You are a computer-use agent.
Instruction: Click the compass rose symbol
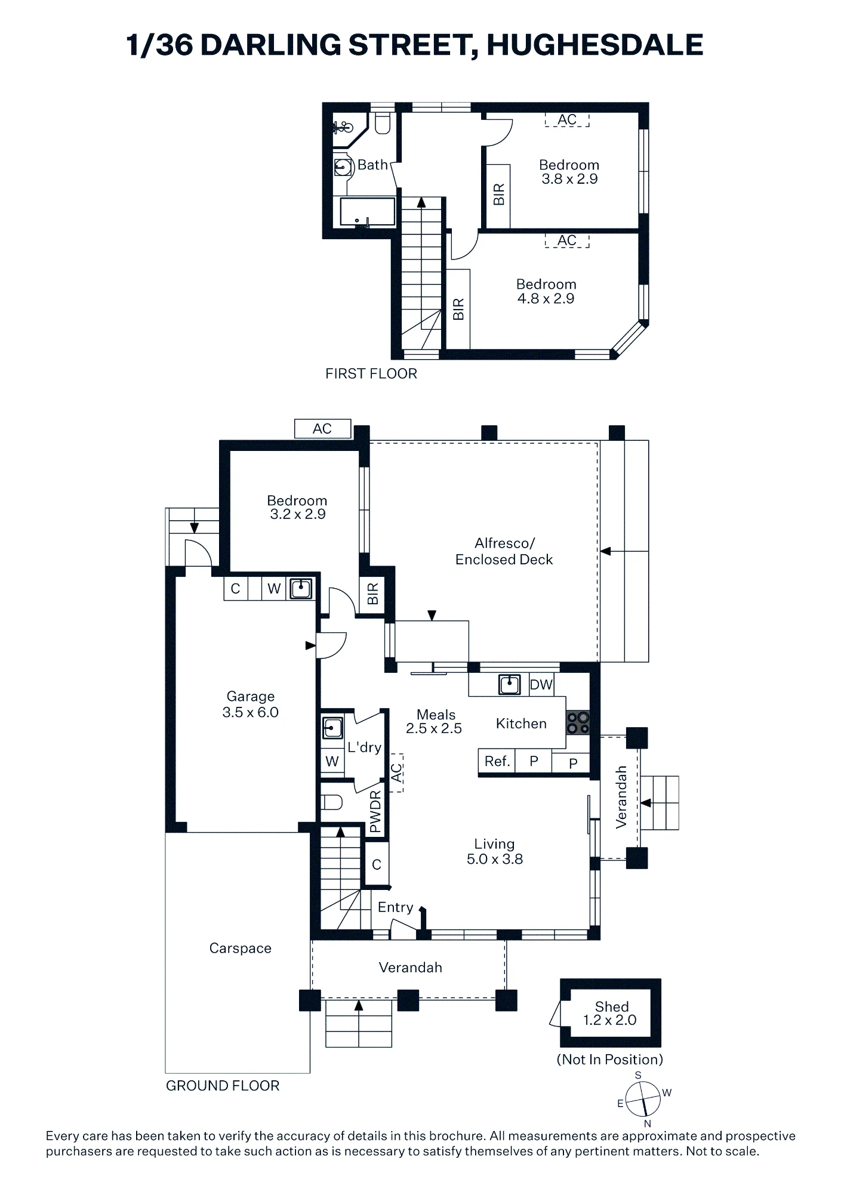(643, 1099)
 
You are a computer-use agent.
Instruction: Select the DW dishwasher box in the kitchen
(541, 685)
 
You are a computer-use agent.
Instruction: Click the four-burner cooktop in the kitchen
(578, 722)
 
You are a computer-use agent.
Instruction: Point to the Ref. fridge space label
(497, 762)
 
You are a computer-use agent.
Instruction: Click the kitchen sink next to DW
(509, 684)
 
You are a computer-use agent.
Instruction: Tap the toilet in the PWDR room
(332, 802)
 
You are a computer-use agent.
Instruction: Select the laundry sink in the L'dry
(332, 728)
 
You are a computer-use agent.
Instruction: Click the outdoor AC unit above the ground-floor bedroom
(322, 428)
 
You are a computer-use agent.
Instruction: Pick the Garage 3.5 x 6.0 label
(250, 704)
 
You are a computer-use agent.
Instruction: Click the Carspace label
(240, 948)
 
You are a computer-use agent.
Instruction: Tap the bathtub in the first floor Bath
(367, 212)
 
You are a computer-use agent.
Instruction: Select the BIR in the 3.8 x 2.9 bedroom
(498, 195)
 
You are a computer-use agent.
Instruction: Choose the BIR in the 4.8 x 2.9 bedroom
(458, 309)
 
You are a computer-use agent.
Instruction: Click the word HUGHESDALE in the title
(595, 45)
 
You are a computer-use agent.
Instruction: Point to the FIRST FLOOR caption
(371, 374)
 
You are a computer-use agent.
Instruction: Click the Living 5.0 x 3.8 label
(494, 852)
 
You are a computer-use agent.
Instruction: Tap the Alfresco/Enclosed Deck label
(504, 551)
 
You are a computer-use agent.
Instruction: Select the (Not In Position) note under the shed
(609, 1059)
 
